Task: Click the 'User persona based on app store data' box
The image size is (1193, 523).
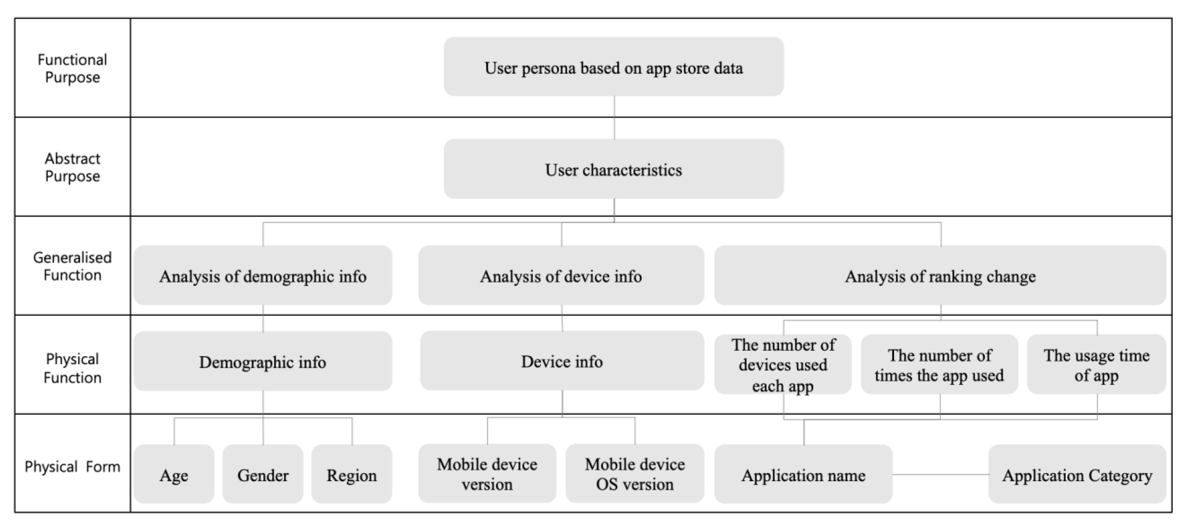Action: click(613, 67)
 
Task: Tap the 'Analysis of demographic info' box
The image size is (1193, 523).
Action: click(263, 276)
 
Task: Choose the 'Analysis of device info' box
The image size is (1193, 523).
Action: click(561, 276)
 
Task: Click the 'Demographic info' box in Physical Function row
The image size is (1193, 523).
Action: click(263, 361)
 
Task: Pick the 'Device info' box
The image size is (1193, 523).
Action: click(562, 361)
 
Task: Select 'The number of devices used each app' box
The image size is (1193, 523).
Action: click(783, 365)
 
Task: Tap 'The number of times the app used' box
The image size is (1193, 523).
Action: click(939, 365)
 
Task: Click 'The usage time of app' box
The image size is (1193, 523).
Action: click(1096, 365)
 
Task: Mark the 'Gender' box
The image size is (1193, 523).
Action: click(263, 474)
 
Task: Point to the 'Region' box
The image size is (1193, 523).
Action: click(352, 474)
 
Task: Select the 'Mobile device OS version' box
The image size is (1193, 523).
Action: click(635, 474)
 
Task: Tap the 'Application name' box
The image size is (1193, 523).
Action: click(803, 474)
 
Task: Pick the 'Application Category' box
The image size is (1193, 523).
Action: click(1077, 474)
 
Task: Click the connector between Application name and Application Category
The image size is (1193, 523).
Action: click(940, 474)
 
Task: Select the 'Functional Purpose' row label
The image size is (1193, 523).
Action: click(72, 68)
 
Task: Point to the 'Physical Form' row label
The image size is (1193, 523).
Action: click(72, 466)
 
